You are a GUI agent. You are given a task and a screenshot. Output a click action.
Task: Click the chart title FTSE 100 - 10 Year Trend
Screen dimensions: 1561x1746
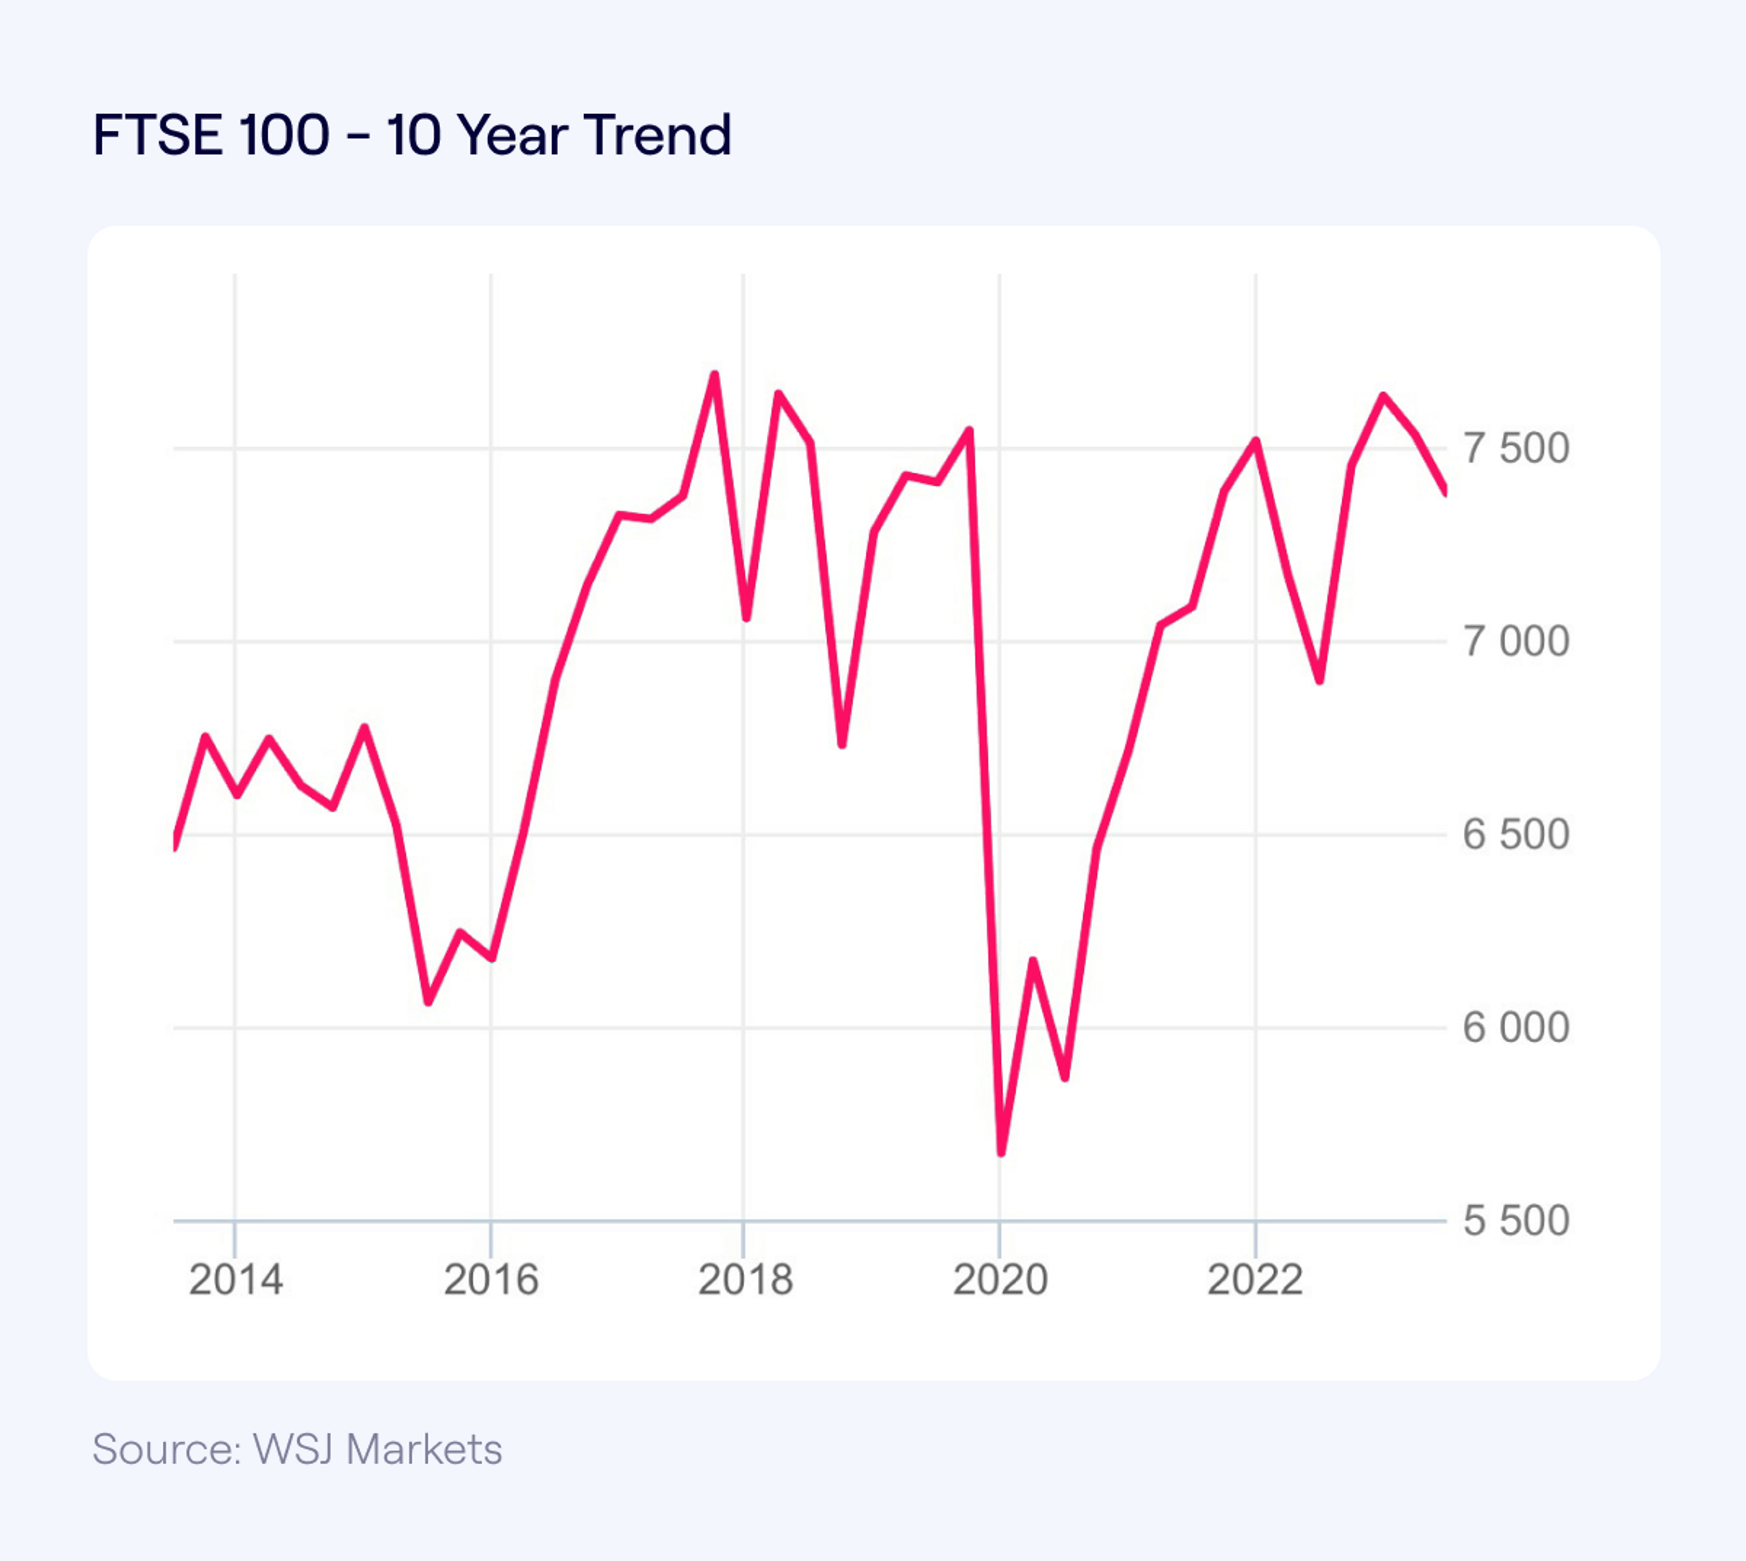tap(412, 135)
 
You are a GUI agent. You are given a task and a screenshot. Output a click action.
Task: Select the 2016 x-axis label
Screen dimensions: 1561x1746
tap(491, 1281)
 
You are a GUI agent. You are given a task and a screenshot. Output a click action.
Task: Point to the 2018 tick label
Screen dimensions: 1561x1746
tap(745, 1281)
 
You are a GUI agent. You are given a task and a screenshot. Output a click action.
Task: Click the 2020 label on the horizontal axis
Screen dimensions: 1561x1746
tap(1000, 1281)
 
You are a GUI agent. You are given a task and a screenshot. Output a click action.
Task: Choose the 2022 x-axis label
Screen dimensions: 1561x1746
tap(1255, 1281)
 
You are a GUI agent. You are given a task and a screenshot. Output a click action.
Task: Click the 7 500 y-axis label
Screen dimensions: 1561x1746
tap(1516, 449)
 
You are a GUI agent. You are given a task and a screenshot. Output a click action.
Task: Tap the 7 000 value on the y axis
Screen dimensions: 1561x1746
tap(1516, 641)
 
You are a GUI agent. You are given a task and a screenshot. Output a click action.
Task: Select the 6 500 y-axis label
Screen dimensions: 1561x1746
tap(1516, 835)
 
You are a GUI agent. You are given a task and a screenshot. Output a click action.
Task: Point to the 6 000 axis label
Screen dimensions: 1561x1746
tap(1516, 1027)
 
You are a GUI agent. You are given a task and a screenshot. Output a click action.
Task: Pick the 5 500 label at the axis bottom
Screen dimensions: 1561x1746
tap(1516, 1221)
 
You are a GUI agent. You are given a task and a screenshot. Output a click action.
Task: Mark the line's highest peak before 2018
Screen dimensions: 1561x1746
tap(714, 375)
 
